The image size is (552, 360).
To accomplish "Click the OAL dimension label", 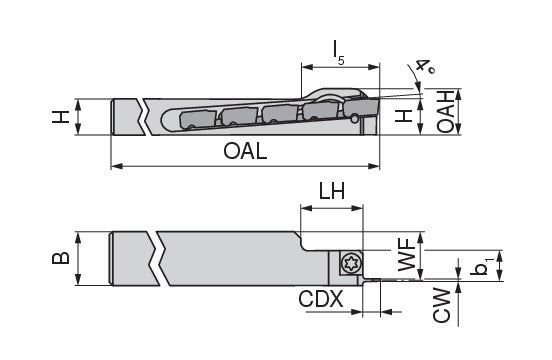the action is click(245, 151).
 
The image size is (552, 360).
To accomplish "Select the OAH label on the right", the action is click(445, 111).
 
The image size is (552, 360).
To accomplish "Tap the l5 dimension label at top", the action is click(339, 53).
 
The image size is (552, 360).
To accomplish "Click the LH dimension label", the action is click(332, 191).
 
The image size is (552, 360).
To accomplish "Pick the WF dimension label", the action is click(407, 254).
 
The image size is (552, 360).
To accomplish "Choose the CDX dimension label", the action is click(321, 299).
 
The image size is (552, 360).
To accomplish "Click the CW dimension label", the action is click(441, 305).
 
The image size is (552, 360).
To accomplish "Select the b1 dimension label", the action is click(481, 266).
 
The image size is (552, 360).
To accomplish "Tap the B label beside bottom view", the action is click(61, 258).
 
